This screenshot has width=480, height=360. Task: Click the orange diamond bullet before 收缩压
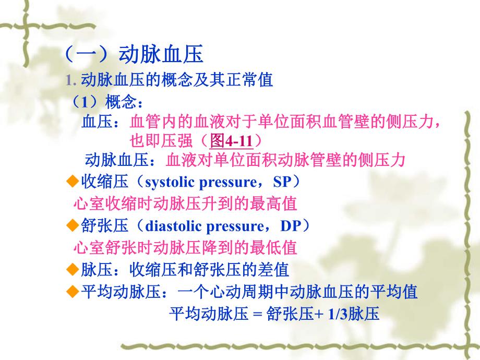(x=73, y=182)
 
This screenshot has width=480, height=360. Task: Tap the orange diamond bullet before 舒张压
(x=73, y=225)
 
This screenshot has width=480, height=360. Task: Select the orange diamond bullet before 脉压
(x=73, y=269)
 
